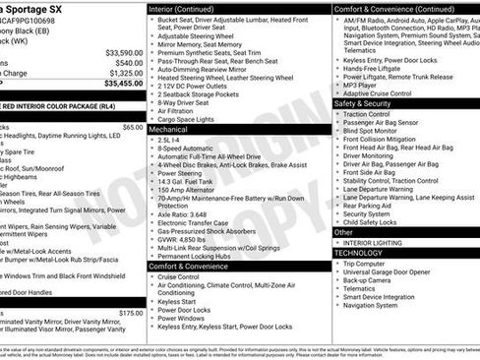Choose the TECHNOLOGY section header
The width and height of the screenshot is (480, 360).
tap(358, 253)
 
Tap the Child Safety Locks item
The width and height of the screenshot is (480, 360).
tap(375, 222)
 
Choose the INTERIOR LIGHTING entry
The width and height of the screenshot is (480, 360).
tap(375, 242)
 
